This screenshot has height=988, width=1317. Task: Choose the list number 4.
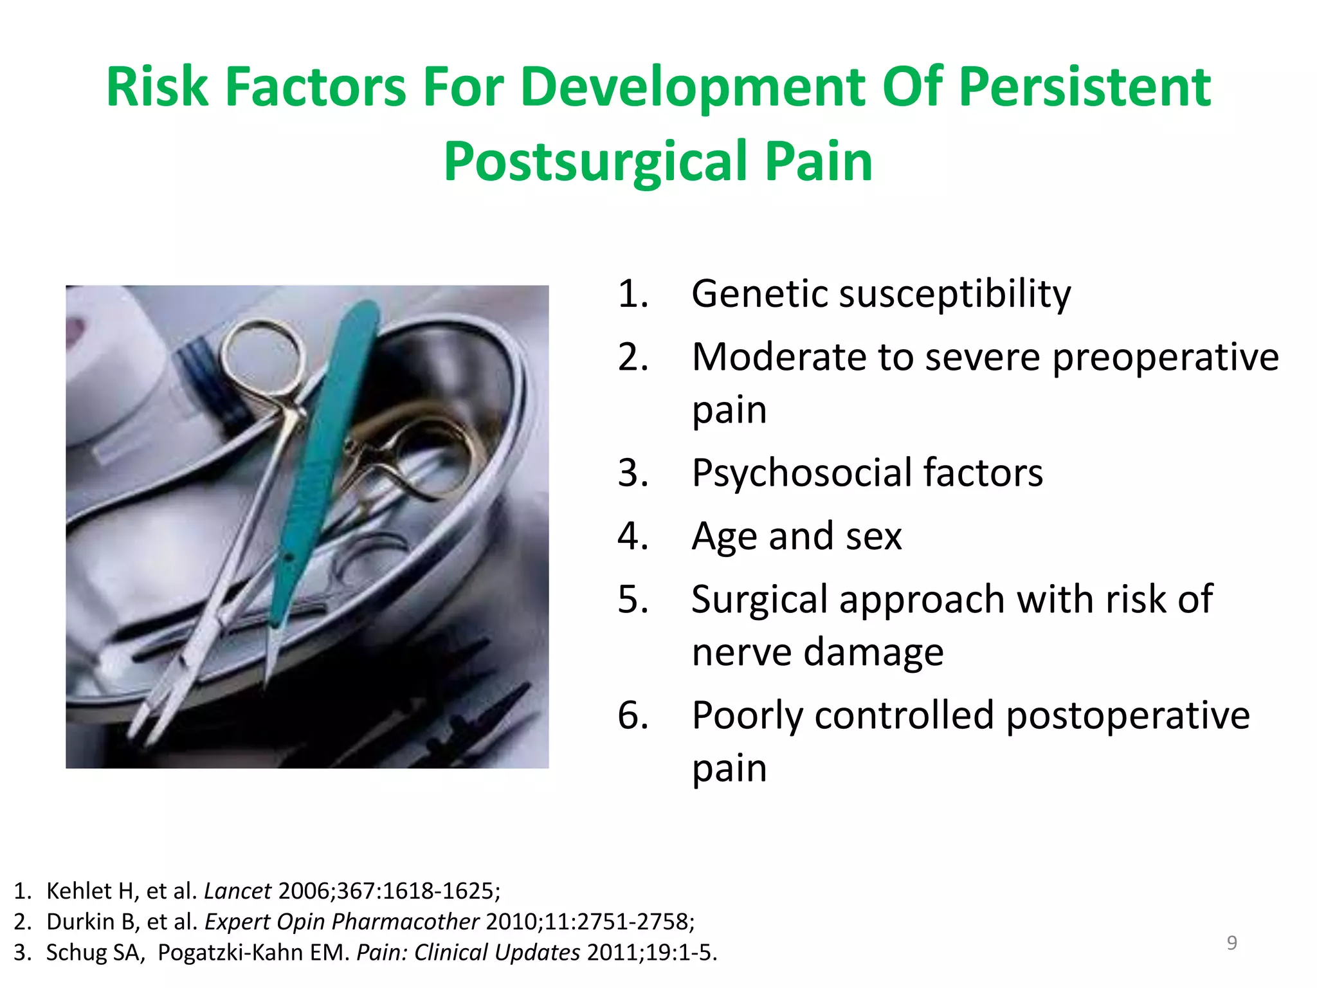click(632, 536)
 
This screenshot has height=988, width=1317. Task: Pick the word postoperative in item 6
click(1128, 716)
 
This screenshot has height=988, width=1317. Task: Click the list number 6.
click(632, 715)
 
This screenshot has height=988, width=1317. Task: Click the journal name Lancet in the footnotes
click(237, 891)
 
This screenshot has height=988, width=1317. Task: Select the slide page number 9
click(1231, 943)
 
